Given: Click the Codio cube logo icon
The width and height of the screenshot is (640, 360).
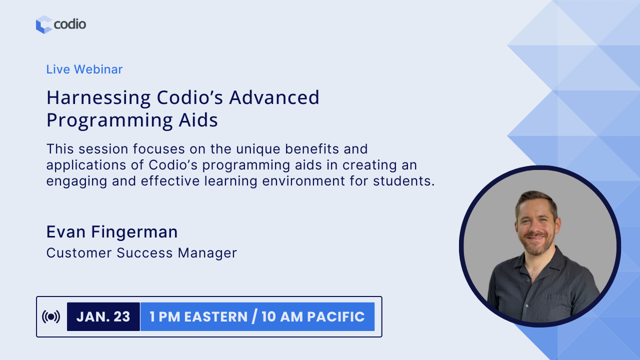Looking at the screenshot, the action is [x=44, y=24].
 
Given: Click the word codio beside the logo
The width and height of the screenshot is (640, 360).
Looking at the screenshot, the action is [x=70, y=24].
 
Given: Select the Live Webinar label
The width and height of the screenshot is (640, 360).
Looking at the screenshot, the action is [x=84, y=69].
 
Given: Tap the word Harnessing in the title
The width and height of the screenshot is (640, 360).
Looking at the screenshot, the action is [x=98, y=98].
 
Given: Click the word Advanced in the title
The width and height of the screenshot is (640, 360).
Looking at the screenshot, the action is [x=274, y=97].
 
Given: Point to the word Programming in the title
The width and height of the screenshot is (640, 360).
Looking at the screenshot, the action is [x=109, y=120].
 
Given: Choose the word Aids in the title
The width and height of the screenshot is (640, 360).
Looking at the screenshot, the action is [x=198, y=119].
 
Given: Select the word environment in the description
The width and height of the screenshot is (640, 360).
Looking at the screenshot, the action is [x=303, y=181].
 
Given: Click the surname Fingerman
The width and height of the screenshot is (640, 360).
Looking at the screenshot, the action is [x=134, y=232].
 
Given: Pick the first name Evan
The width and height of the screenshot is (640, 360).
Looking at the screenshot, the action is [x=66, y=231].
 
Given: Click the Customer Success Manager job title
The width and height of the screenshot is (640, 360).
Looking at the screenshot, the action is [x=141, y=253].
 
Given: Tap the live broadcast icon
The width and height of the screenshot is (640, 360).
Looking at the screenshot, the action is [x=51, y=316].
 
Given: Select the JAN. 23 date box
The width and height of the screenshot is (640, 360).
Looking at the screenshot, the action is [x=103, y=316].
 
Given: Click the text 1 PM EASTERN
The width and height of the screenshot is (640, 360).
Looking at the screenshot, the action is [x=198, y=317].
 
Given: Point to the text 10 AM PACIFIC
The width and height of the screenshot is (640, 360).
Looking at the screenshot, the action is [x=313, y=317].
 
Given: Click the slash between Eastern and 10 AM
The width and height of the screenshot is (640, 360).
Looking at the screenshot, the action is [x=254, y=316].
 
